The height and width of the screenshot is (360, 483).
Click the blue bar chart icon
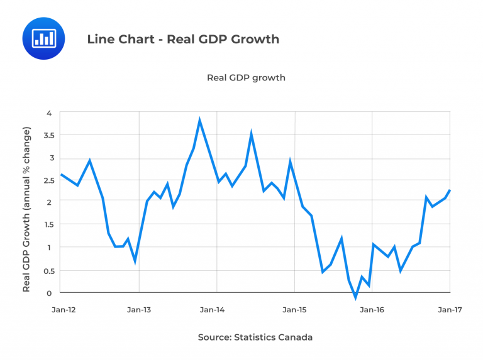tap(43, 38)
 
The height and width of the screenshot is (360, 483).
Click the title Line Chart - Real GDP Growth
tap(183, 39)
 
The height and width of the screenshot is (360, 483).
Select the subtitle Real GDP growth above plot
tap(246, 78)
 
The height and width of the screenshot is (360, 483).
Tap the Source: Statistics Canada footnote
tap(255, 337)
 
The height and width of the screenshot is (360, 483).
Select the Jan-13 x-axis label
tap(138, 309)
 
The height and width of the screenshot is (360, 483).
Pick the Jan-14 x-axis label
tap(216, 309)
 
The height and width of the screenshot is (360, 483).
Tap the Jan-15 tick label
tap(294, 309)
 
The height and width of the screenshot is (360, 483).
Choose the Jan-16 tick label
tap(372, 309)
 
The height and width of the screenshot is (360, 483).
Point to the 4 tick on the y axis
tap(48, 113)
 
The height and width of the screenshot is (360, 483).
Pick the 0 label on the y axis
tap(48, 293)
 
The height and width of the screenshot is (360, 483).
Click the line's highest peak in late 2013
tap(199, 120)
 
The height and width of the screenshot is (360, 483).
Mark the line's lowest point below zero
tap(355, 297)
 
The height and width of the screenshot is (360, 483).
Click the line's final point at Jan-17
tap(450, 190)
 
